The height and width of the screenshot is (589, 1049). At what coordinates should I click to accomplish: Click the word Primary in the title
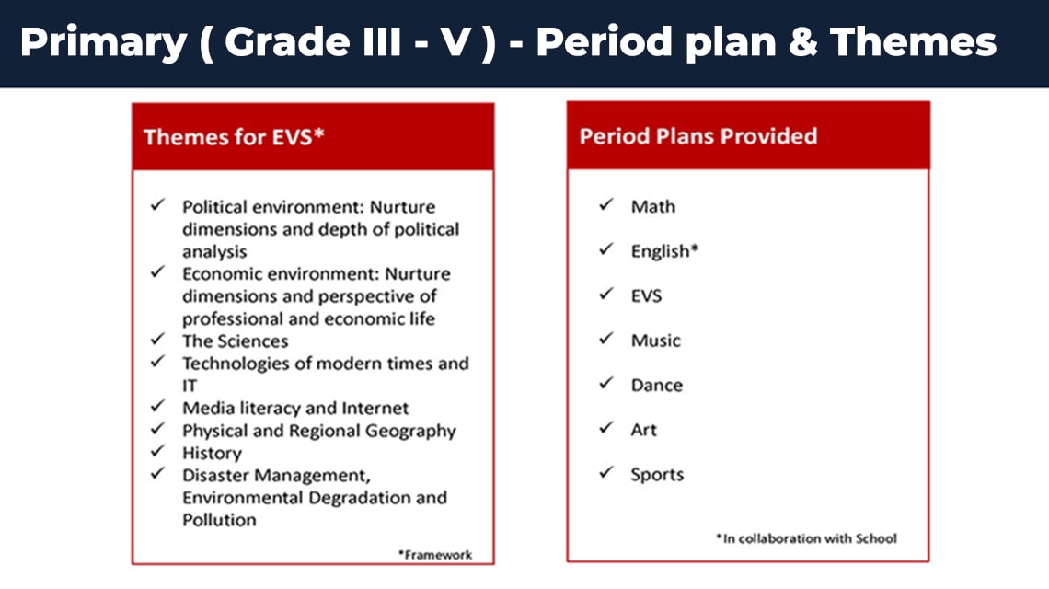point(104,43)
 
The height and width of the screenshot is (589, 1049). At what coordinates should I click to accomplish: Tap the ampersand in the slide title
point(802,41)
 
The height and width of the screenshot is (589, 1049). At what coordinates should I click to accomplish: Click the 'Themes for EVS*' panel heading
point(234,136)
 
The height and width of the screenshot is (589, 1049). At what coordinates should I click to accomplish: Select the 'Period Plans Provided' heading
point(698,136)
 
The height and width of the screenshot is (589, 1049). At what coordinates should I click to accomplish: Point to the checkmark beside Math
point(606,204)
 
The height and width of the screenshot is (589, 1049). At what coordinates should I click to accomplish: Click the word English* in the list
point(664,251)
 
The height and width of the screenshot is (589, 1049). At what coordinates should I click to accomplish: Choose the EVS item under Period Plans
point(646,295)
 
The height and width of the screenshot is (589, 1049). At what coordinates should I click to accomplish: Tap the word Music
point(655,340)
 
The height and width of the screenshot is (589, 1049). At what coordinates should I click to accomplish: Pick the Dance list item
point(657,385)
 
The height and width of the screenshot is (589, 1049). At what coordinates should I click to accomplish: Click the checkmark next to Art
point(606,427)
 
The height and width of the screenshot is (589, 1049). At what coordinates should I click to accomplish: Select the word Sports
point(657,475)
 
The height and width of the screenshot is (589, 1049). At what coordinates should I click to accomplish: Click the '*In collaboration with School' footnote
point(806,538)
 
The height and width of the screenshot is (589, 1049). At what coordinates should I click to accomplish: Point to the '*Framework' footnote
point(435,554)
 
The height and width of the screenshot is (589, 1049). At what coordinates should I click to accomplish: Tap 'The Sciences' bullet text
point(236,341)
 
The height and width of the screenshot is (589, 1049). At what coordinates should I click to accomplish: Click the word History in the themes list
point(212,453)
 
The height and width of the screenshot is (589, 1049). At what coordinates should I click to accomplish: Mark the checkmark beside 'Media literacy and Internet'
point(157,406)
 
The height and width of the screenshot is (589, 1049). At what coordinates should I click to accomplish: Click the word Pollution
point(219,520)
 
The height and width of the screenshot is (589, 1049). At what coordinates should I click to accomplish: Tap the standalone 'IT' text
point(190,387)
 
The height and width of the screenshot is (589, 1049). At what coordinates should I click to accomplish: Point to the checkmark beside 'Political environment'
point(157,204)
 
